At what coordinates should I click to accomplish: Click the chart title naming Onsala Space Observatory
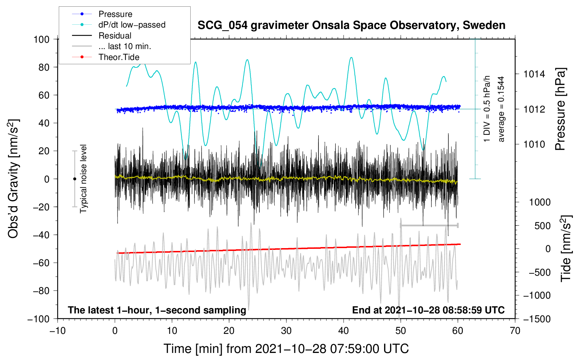tap(351, 25)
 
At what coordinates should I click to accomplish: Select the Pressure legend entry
tap(115, 14)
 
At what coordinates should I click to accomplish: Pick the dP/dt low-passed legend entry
tap(132, 25)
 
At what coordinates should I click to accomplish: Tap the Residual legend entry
tap(115, 36)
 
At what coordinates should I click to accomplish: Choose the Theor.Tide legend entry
tap(119, 57)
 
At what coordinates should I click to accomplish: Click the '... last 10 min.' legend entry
tap(125, 46)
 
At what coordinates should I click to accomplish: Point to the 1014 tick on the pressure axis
tap(534, 74)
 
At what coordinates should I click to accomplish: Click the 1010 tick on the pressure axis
tap(534, 144)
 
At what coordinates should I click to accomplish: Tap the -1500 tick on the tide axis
tap(537, 319)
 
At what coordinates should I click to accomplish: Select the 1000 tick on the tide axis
tap(539, 202)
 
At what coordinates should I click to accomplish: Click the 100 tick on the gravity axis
tap(41, 39)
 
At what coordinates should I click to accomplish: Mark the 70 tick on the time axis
tap(515, 331)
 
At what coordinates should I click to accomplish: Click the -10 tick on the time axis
tap(58, 331)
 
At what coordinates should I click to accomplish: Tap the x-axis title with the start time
tap(286, 349)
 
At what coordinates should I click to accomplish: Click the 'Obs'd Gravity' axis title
tap(13, 179)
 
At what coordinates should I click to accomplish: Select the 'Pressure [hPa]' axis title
tap(560, 109)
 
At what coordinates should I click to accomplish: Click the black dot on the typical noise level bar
tap(74, 179)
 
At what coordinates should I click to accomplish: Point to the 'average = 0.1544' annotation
tap(501, 109)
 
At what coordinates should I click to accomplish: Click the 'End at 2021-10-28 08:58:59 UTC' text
tap(428, 310)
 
